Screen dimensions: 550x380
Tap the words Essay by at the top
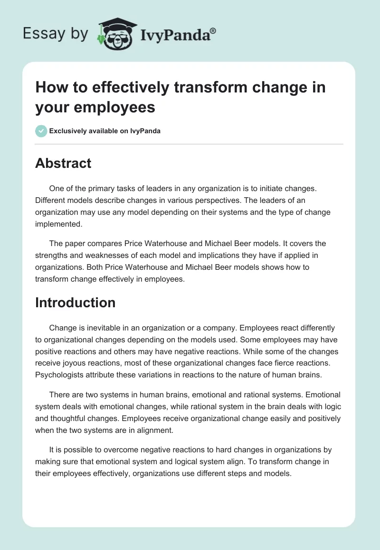pyautogui.click(x=55, y=34)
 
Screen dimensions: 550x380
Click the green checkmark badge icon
pyautogui.click(x=41, y=131)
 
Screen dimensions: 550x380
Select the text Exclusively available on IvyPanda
pyautogui.click(x=104, y=131)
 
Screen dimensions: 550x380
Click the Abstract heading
pyautogui.click(x=63, y=163)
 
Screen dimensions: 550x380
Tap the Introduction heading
pyautogui.click(x=75, y=302)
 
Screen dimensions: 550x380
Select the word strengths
pyautogui.click(x=52, y=256)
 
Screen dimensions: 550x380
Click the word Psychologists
pyautogui.click(x=58, y=375)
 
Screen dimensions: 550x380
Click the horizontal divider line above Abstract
pyautogui.click(x=189, y=144)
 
